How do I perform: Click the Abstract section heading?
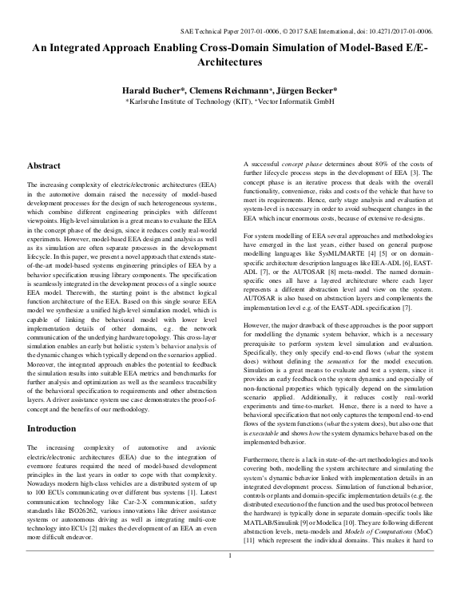pyautogui.click(x=45, y=166)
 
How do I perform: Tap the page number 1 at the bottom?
pyautogui.click(x=230, y=577)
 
